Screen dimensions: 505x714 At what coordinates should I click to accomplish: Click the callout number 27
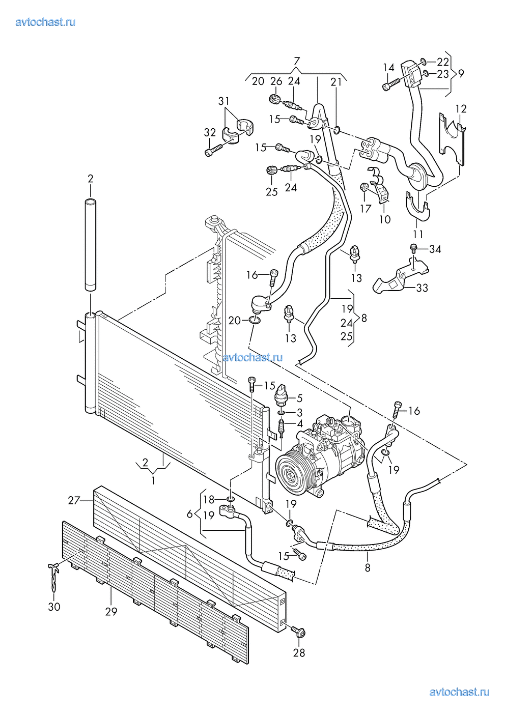[x=74, y=500]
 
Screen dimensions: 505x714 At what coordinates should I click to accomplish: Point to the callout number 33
[x=422, y=288]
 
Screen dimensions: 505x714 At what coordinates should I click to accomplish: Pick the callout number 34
[x=435, y=249]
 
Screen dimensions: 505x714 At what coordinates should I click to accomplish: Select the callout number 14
[x=388, y=68]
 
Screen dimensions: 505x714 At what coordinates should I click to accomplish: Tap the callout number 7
[x=296, y=61]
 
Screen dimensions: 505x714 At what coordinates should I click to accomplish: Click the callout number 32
[x=210, y=132]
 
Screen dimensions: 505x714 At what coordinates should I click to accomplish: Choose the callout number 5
[x=299, y=398]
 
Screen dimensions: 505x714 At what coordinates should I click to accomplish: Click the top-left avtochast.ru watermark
[x=45, y=22]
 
